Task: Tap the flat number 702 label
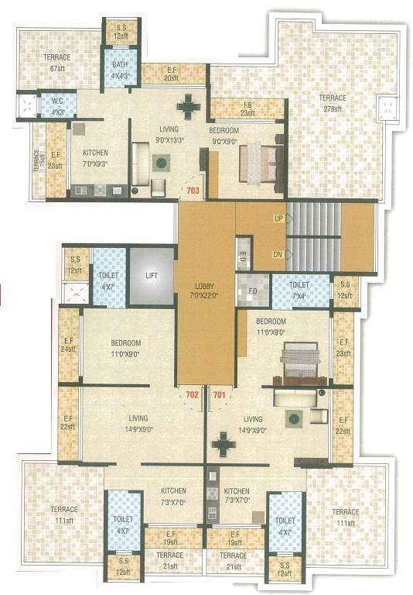[193, 394]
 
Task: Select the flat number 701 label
[220, 394]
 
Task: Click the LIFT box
[151, 276]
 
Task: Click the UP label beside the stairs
[277, 220]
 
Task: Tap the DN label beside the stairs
[277, 253]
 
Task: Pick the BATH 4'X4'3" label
[121, 71]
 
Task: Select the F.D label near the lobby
[253, 291]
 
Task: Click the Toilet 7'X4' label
[300, 290]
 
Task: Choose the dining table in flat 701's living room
[224, 445]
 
